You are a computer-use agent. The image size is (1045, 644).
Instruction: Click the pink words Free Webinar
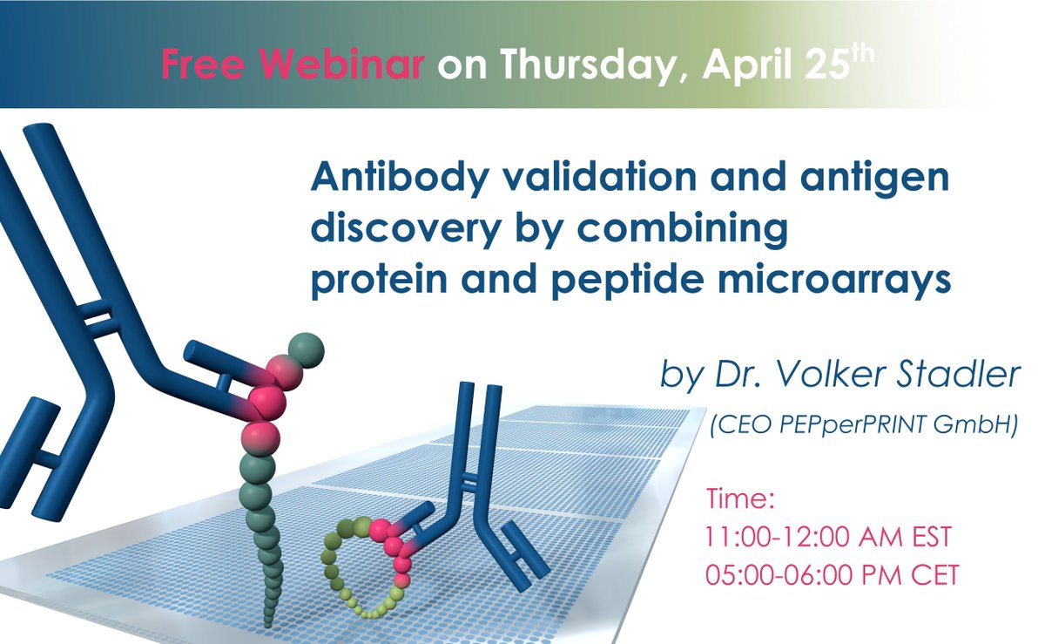(x=293, y=65)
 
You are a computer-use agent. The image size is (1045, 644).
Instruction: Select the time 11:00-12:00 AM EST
(x=828, y=538)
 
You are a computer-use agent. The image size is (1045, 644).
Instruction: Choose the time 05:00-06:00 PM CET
(x=832, y=576)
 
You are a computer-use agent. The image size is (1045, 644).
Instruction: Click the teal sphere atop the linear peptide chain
(x=306, y=350)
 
